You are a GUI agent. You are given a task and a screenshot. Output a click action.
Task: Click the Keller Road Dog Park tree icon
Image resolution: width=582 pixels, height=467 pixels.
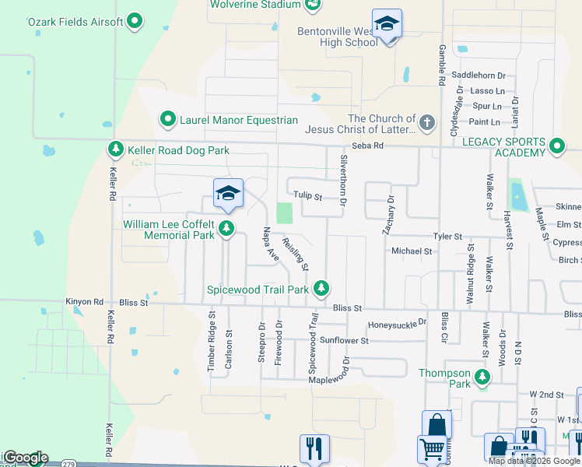click(x=116, y=149)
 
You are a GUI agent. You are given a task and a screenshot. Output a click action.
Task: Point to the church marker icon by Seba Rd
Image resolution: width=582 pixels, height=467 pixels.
click(x=426, y=123)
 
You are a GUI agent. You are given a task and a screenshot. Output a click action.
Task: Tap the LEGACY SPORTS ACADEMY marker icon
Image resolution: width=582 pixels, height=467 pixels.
click(x=557, y=146)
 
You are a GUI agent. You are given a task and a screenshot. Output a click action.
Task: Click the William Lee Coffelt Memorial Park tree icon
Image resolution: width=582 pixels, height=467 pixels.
click(x=226, y=229)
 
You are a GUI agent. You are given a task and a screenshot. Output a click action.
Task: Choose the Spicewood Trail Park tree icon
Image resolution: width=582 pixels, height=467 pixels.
click(x=321, y=290)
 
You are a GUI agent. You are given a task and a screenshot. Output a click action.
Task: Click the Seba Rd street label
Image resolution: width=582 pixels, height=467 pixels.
click(x=368, y=146)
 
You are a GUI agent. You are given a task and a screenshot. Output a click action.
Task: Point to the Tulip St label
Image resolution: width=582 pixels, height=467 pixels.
click(x=308, y=196)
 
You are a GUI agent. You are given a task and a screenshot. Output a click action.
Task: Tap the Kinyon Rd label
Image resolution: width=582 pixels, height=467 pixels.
click(x=85, y=302)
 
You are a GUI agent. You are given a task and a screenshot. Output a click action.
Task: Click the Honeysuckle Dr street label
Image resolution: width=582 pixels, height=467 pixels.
click(x=398, y=324)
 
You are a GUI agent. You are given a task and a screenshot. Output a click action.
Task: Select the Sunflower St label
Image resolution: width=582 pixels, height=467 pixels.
click(x=344, y=340)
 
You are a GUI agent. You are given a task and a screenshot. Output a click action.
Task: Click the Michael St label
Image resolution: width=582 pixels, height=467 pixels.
click(x=412, y=251)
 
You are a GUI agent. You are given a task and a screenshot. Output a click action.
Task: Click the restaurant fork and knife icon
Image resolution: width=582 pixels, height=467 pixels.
click(x=315, y=448)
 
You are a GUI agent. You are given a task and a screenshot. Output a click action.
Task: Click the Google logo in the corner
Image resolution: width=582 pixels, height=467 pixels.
click(x=26, y=458)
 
